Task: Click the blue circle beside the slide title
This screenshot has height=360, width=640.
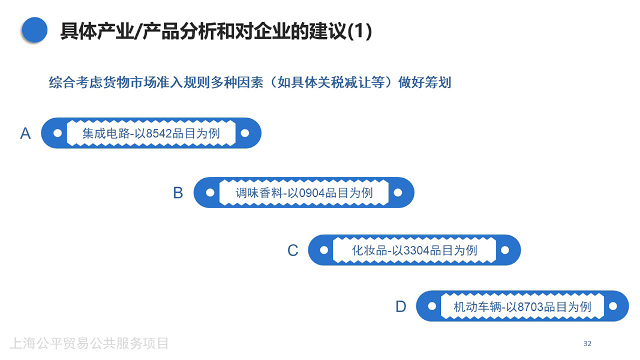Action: (34, 30)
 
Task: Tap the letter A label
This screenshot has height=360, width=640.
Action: (25, 133)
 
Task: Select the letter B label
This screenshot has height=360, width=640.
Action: (178, 193)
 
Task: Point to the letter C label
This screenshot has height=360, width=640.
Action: (293, 250)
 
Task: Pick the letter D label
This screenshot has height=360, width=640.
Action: (401, 307)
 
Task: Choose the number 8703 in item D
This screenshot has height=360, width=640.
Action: (530, 307)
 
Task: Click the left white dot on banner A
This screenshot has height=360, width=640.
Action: (58, 133)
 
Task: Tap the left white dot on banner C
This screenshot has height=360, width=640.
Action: (324, 250)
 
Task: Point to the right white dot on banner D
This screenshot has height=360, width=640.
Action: (612, 306)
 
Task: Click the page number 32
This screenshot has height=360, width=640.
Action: (587, 344)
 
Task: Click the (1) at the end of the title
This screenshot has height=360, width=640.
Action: (360, 31)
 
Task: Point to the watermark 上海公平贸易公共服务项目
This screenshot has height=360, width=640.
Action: (89, 344)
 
